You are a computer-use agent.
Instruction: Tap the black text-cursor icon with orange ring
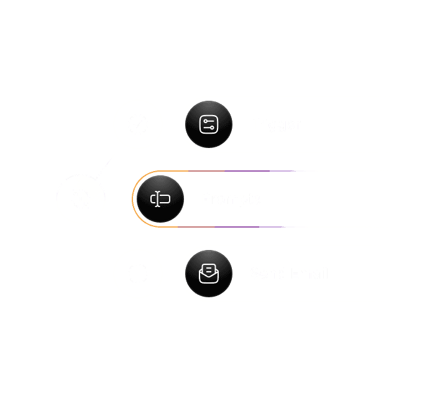(x=160, y=199)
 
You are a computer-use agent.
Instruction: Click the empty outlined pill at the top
(x=334, y=50)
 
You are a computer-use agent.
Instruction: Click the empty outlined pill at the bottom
(x=334, y=348)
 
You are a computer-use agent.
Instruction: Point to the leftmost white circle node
(x=81, y=199)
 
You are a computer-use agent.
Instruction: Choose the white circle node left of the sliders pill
(x=138, y=124)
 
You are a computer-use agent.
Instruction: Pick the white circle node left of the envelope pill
(x=138, y=274)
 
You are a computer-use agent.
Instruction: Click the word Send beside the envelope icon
(x=267, y=274)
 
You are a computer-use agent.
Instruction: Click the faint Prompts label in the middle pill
(x=231, y=199)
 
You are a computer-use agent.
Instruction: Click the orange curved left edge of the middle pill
(x=133, y=199)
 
